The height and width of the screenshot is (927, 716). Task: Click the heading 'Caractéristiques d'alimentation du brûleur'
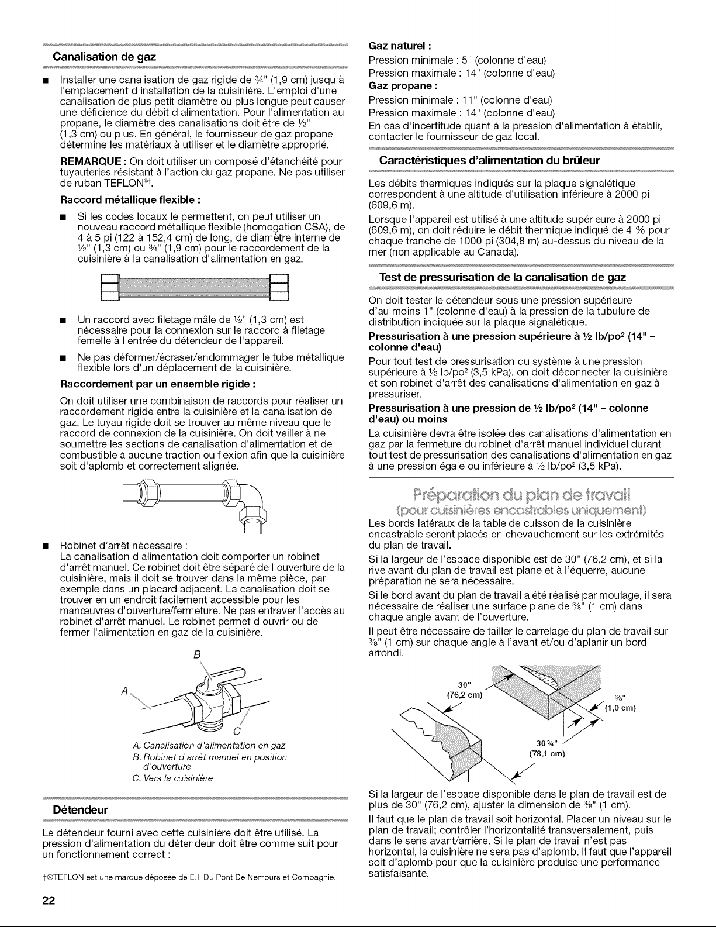click(x=489, y=161)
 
